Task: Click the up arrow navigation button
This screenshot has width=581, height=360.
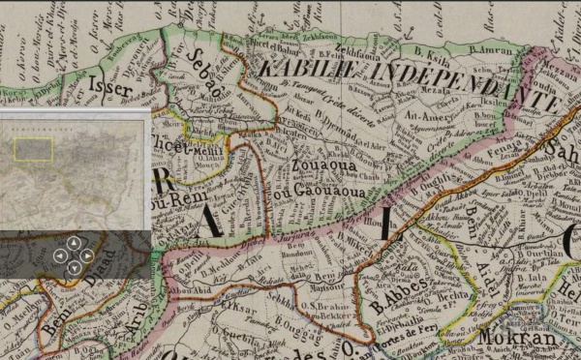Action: pos(74,242)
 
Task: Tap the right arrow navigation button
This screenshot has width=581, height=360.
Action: pos(87,255)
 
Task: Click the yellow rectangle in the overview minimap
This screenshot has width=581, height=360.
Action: pos(33,148)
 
